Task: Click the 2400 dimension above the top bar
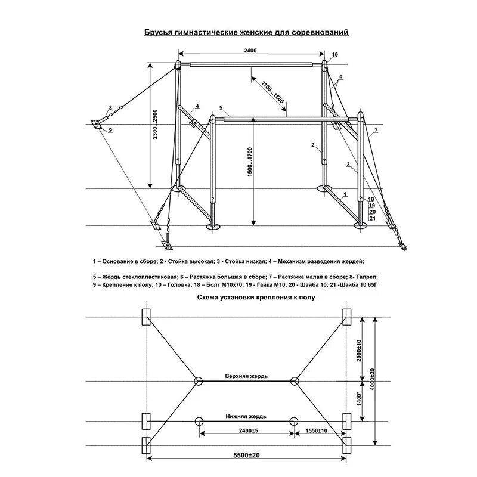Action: pos(250,52)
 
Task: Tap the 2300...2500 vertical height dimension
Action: pos(156,125)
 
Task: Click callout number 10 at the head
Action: pos(335,55)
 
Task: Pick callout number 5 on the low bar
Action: pos(221,107)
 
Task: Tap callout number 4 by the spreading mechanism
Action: pos(196,107)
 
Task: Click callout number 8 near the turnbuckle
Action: pos(110,108)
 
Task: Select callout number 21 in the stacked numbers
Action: pos(372,218)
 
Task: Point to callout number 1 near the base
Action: pos(345,194)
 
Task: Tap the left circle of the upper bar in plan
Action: pos(198,382)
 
